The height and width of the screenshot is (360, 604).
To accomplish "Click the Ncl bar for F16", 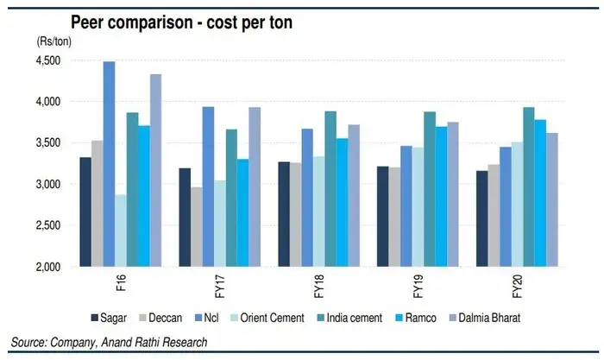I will pyautogui.click(x=109, y=164).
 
